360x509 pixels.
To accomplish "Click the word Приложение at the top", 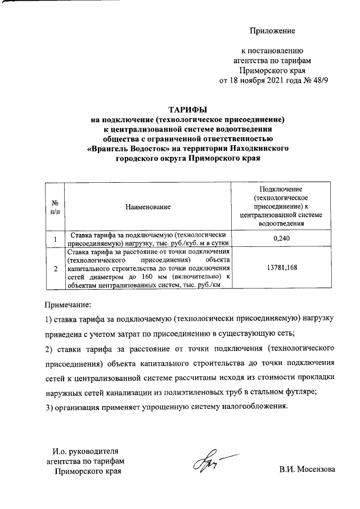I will click(273, 30).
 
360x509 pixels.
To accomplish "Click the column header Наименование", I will click(148, 208).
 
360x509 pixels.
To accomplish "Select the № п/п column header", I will click(55, 207).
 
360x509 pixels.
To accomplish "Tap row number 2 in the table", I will click(55, 269).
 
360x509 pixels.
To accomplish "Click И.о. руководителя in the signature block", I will click(85, 451).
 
